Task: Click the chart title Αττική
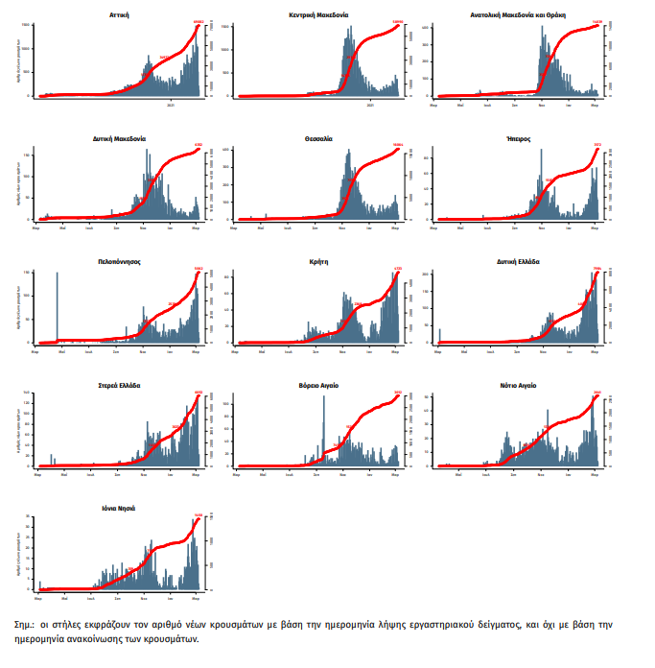(x=120, y=15)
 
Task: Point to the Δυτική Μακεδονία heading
(x=120, y=138)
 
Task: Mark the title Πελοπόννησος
(x=120, y=261)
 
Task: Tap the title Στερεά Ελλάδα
(x=120, y=385)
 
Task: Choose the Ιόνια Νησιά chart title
(x=120, y=508)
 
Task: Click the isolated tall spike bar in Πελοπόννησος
(x=57, y=307)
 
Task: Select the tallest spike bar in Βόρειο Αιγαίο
(x=324, y=432)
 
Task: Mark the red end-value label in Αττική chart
(x=199, y=21)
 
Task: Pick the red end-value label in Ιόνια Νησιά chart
(x=199, y=515)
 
